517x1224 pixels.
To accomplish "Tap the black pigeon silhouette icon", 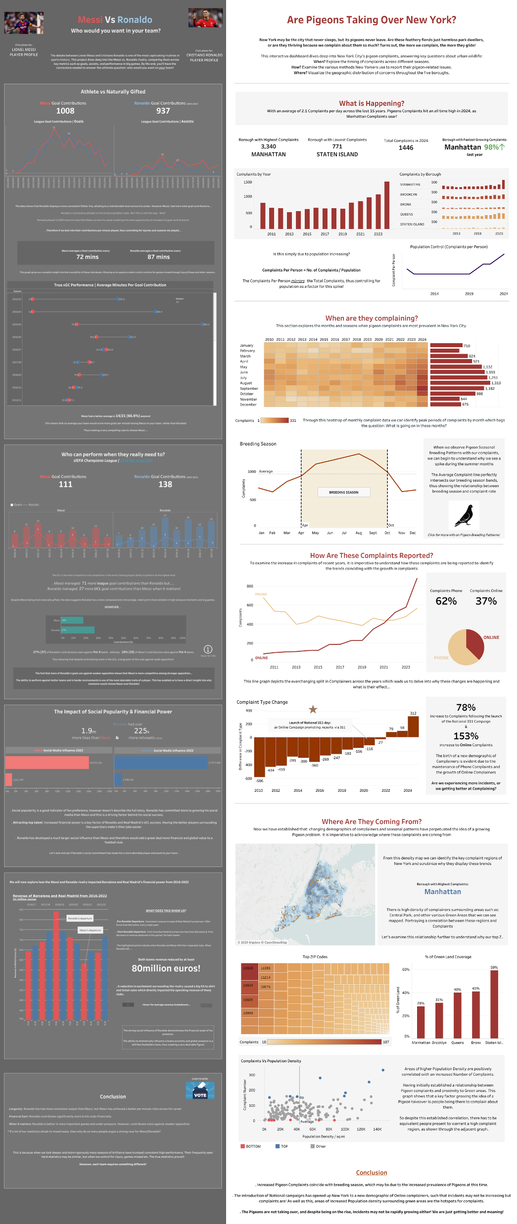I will (464, 516).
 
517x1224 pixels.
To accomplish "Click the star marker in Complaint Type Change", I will (313, 710).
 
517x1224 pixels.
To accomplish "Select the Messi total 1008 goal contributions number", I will (65, 111).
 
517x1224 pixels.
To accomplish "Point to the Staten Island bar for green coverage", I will (494, 1004).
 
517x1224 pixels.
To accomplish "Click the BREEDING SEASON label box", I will (343, 492).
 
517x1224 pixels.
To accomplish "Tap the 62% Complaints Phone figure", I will (446, 601).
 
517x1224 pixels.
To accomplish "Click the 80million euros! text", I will (166, 968).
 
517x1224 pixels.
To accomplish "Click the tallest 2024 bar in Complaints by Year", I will (387, 205).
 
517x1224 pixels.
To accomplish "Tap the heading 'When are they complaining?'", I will (371, 318).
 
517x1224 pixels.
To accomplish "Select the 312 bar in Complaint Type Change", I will (413, 726).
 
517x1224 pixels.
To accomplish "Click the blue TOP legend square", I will (278, 1146).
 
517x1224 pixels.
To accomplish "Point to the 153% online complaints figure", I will (466, 736).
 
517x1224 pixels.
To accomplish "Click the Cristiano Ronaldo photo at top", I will (205, 18).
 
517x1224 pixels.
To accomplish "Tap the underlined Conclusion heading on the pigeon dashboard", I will (372, 1173).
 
